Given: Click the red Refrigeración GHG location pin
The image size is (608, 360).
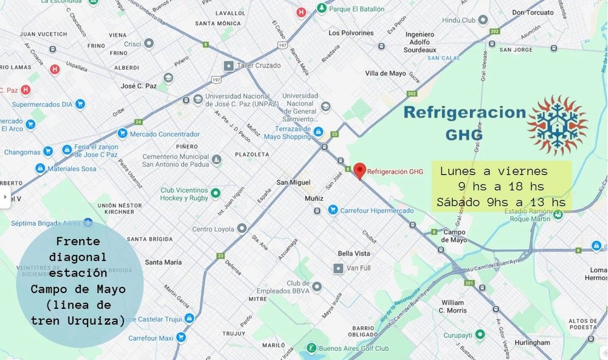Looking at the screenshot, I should point(359,171).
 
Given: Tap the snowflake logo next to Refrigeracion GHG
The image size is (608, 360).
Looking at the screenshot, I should point(558,125).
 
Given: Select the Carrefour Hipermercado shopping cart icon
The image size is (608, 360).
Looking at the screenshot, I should point(333,210).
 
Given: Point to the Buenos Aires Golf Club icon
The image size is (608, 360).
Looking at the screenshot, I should point(311,348).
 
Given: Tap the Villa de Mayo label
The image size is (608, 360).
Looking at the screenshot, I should point(385,73).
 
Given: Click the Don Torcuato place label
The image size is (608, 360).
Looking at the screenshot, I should point(533,12).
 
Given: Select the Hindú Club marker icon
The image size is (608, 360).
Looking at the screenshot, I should point(483,20).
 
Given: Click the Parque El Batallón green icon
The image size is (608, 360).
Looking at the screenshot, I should point(321,9).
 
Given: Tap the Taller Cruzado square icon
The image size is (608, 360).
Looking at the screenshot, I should point(229,65).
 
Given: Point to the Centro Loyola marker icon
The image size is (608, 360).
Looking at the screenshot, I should point(242,229).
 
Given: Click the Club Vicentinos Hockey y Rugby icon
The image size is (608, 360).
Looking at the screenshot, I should point(215,194).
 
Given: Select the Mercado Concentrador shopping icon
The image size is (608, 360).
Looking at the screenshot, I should point(122,134).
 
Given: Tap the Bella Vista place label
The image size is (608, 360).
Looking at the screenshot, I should point(354,254).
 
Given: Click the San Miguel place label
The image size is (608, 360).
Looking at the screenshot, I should point(293,182).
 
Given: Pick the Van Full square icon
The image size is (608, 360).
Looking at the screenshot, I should point(338,268).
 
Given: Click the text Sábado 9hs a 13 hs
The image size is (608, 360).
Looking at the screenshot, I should point(501,202).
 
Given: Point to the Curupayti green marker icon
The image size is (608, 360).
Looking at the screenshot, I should point(480,334).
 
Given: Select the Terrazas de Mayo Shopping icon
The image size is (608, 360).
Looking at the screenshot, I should point(317,131).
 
